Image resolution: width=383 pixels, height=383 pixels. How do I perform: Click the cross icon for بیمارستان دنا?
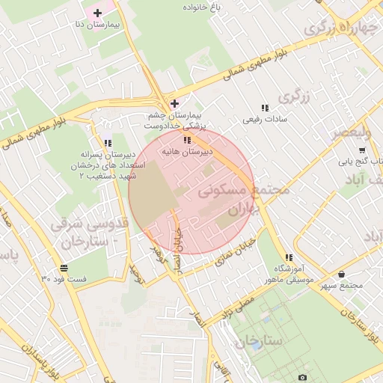(98, 13)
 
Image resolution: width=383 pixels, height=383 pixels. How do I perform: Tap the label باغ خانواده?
(206, 6)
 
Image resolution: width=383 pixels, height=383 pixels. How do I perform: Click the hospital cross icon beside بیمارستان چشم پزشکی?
(174, 103)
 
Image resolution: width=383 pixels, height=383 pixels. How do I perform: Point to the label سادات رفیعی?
(261, 118)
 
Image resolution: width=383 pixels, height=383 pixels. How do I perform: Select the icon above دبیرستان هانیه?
(187, 140)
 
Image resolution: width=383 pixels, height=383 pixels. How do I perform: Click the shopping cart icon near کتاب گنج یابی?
(362, 150)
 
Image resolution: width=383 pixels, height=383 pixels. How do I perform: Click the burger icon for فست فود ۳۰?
(64, 268)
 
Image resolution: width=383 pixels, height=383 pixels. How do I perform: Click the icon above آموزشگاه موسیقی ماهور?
(289, 258)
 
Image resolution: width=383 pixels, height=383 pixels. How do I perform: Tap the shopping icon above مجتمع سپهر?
(342, 275)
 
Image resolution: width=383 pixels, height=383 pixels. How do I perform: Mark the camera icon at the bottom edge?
(302, 378)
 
